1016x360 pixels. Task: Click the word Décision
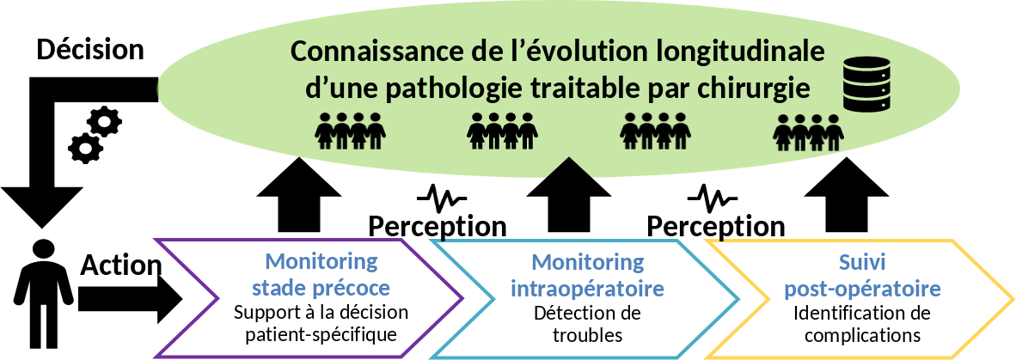click(x=89, y=50)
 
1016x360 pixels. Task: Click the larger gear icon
click(x=105, y=121)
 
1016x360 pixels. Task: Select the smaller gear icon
click(x=85, y=148)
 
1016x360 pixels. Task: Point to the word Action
click(x=120, y=266)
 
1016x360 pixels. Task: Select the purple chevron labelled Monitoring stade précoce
click(x=309, y=296)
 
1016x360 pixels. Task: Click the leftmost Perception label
click(x=437, y=226)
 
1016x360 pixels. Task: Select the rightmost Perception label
click(x=715, y=226)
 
